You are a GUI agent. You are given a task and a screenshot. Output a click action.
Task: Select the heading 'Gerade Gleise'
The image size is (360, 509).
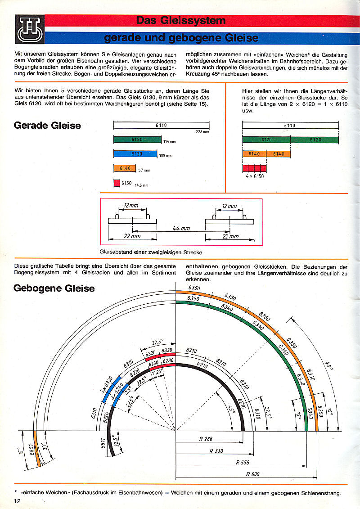pyautogui.click(x=47, y=125)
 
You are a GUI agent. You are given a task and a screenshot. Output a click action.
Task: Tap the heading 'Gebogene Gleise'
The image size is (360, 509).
pyautogui.click(x=54, y=288)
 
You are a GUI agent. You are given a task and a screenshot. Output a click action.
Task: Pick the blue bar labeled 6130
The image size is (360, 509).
pyautogui.click(x=137, y=154)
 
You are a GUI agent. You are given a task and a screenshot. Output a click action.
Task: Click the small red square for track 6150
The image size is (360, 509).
pyautogui.click(x=116, y=183)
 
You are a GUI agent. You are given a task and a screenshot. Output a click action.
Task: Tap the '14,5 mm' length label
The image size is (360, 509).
pyautogui.click(x=141, y=185)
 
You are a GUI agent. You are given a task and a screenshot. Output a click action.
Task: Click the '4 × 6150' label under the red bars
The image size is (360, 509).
pyautogui.click(x=255, y=176)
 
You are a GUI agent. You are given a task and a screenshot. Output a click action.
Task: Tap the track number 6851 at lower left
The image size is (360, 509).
pyautogui.click(x=32, y=450)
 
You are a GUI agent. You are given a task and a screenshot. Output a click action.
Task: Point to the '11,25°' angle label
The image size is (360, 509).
pyautogui.click(x=157, y=372)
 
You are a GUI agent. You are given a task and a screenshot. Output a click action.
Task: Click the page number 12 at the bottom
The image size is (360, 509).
pyautogui.click(x=18, y=501)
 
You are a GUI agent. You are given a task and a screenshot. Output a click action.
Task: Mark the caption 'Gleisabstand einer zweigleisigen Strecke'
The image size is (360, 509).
pyautogui.click(x=151, y=252)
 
